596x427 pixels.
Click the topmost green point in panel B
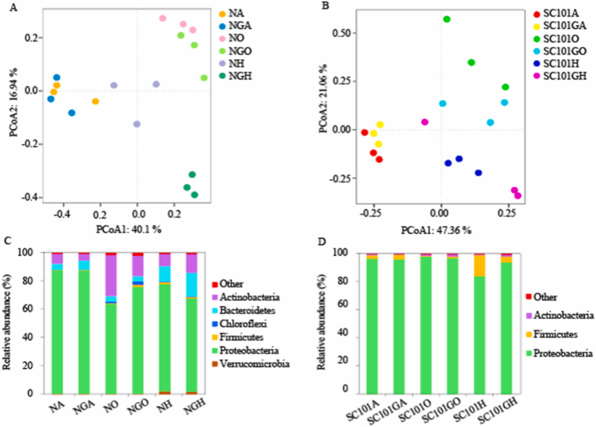click(x=447, y=19)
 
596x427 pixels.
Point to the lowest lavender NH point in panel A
click(x=136, y=124)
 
